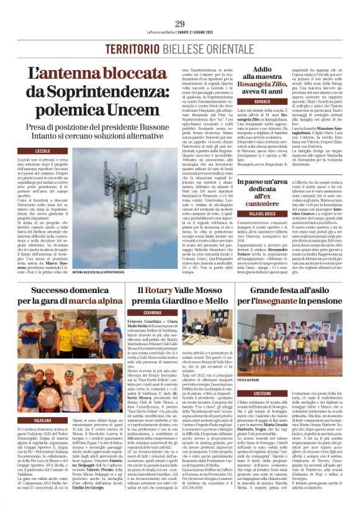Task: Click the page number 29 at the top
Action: [180, 24]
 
